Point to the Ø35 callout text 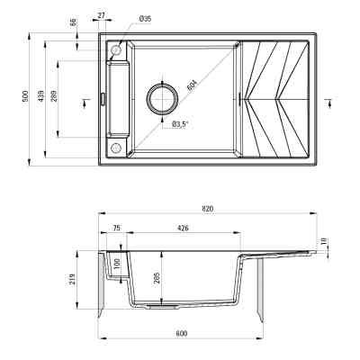click(x=146, y=18)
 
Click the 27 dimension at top click(x=101, y=15)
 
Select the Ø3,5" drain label click(x=180, y=124)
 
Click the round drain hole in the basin click(x=163, y=99)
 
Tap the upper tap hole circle click(x=115, y=50)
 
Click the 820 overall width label click(x=208, y=209)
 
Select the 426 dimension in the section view click(x=183, y=228)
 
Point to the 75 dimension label click(x=116, y=228)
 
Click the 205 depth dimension click(x=157, y=278)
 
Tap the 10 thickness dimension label click(x=326, y=240)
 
